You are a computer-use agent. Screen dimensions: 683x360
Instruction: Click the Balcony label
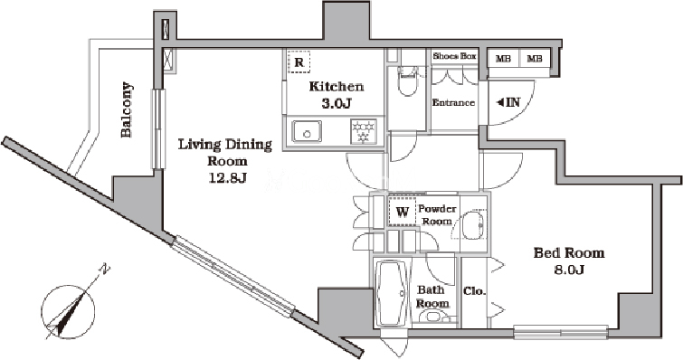(127, 109)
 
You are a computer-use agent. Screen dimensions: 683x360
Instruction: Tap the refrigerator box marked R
(299, 62)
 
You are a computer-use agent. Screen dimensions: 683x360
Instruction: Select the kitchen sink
(307, 131)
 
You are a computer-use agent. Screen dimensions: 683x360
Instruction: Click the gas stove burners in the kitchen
(364, 131)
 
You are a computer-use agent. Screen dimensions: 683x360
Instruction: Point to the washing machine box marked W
(403, 212)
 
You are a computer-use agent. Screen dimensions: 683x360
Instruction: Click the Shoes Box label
(454, 56)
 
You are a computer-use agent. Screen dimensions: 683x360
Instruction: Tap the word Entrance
(453, 103)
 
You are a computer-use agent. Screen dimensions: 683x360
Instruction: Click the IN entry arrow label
(508, 102)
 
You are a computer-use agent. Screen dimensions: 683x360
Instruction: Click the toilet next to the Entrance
(408, 81)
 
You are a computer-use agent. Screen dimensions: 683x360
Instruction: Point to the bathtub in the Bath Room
(392, 293)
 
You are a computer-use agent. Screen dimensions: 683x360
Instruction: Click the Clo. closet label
(474, 291)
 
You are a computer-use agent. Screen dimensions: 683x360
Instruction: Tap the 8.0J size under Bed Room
(569, 270)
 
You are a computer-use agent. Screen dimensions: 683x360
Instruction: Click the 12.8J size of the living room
(227, 178)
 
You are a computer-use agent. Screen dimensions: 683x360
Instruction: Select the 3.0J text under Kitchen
(336, 104)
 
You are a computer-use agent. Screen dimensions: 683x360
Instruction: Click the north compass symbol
(70, 312)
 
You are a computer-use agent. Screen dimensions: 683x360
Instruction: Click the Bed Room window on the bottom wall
(561, 333)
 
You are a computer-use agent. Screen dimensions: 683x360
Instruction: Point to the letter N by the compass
(105, 270)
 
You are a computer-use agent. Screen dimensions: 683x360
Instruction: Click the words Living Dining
(225, 145)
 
